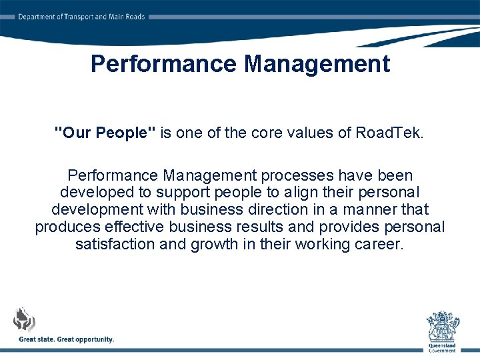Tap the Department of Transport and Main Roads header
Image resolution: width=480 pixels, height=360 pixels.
[x=81, y=17]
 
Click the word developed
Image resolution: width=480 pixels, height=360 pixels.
[x=94, y=193]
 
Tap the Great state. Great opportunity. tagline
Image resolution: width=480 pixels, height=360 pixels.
[x=67, y=339]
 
